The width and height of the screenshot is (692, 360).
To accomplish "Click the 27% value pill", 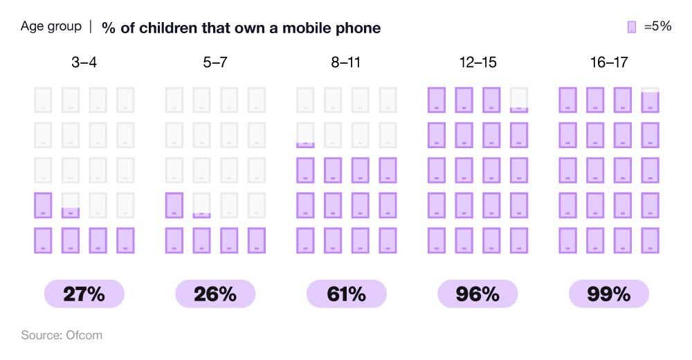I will click(84, 294).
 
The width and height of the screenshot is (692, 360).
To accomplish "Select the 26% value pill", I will click(215, 294).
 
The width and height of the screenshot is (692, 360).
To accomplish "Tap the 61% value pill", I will click(346, 294).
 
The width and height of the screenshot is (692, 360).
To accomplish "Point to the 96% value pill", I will click(477, 294).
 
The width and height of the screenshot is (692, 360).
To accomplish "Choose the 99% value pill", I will click(609, 294).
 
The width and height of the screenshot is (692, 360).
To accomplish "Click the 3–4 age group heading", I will click(84, 62).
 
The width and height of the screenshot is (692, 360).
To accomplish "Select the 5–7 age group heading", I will click(215, 62).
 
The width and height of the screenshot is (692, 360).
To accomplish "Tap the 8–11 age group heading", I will click(346, 62).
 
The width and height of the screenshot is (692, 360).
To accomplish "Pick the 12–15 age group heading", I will click(477, 62).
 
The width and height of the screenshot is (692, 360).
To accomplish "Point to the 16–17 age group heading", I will click(609, 62).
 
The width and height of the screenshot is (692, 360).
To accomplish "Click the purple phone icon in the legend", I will click(631, 27).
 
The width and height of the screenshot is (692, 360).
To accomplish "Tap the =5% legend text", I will click(657, 27).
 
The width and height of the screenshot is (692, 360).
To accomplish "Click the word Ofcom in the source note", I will click(85, 335).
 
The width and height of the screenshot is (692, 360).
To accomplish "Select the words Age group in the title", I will click(51, 27).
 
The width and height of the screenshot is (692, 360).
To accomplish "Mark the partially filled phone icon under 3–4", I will click(71, 206).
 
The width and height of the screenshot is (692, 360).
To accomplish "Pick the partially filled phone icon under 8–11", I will click(305, 135).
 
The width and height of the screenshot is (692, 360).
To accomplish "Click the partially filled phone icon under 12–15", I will click(519, 100).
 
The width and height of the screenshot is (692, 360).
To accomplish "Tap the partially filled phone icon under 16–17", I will click(650, 100).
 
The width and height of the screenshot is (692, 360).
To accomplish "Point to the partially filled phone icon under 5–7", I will click(201, 206).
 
